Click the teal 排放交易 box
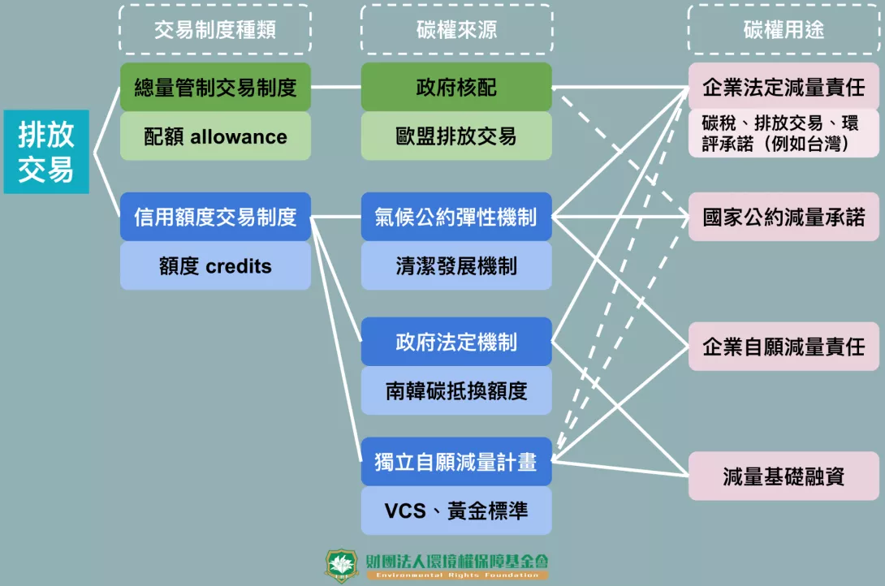(x=46, y=152)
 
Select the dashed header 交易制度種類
(x=215, y=30)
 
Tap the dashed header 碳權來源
(x=456, y=30)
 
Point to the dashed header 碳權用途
(x=784, y=30)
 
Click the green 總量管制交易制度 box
(x=215, y=87)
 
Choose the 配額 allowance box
(x=215, y=136)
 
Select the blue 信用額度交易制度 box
(x=215, y=217)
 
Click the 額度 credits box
(x=215, y=266)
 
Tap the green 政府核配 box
(x=456, y=87)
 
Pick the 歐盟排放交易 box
(x=456, y=136)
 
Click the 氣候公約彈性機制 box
(x=456, y=217)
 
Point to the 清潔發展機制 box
(x=456, y=266)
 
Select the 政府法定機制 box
(x=456, y=342)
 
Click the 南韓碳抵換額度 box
(x=456, y=391)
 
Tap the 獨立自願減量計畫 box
(x=456, y=462)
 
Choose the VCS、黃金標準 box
(x=456, y=511)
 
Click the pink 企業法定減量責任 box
(x=784, y=86)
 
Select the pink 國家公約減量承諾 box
(x=784, y=217)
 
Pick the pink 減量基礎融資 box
(x=784, y=476)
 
